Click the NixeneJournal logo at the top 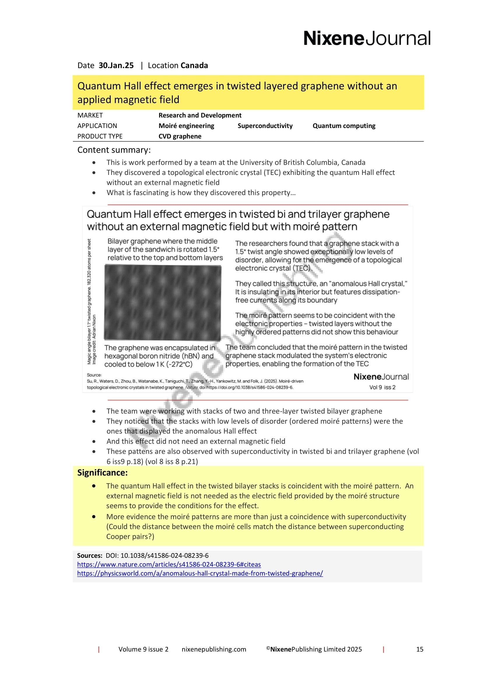(367, 38)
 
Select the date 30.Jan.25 (116, 65)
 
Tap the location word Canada (194, 65)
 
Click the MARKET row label (90, 115)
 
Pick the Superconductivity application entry (265, 126)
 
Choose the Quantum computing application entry (343, 126)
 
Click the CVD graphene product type (180, 136)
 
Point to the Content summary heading (114, 150)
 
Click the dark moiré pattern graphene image (162, 302)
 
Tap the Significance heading (102, 472)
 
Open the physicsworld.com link (200, 573)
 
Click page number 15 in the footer (419, 649)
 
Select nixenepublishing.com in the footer (214, 649)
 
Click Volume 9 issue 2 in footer (143, 649)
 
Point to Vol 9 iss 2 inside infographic (382, 387)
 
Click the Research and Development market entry (200, 115)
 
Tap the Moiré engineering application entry (186, 126)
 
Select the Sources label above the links (90, 555)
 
